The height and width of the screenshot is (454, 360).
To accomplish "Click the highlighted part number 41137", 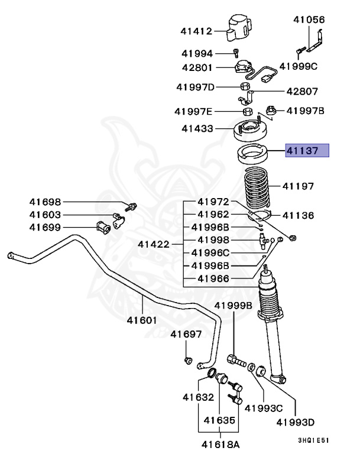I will coord(306,151).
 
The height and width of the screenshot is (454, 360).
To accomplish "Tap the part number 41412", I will coord(197,30).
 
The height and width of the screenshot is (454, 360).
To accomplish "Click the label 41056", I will coord(309,20).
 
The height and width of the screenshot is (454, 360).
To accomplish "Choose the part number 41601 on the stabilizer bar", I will coord(141,321).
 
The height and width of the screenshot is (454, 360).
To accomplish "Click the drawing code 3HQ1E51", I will coord(313,440).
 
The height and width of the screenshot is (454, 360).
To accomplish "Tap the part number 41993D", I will coord(296,422).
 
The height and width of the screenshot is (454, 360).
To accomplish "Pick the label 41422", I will coord(154,244).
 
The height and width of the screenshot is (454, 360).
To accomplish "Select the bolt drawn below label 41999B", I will coord(236,358).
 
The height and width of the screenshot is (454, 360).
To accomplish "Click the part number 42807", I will coord(302,92).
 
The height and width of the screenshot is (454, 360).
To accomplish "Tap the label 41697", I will coord(186,335).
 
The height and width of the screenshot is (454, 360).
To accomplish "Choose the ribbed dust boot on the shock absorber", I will coord(272,302).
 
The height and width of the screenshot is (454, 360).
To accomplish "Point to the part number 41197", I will coord(299,186).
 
